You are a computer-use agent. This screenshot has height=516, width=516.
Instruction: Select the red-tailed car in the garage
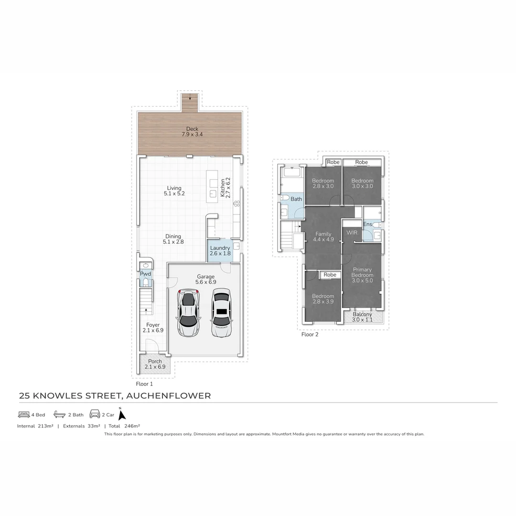[x=188, y=313]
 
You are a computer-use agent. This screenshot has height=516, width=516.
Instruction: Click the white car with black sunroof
[x=221, y=313]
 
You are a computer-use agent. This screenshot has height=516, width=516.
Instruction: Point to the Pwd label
[x=145, y=274]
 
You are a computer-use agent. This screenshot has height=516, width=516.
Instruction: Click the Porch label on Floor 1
[x=155, y=361]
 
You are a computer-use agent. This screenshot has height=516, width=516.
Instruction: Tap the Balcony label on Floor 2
[x=362, y=314]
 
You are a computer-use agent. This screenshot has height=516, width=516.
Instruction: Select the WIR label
[x=352, y=233]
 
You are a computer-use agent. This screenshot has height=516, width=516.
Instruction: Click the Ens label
[x=367, y=224]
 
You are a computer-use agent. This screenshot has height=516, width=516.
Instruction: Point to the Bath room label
[x=296, y=199]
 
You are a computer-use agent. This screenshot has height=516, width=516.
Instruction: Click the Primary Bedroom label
[x=362, y=272]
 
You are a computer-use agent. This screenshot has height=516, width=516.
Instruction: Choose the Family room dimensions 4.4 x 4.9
[x=323, y=240]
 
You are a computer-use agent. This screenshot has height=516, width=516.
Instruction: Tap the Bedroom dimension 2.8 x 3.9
[x=323, y=302]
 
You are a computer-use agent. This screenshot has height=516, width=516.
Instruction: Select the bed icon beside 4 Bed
[x=24, y=414]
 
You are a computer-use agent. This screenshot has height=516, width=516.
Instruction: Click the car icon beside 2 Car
[x=95, y=414]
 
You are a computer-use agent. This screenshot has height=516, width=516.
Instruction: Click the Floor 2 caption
[x=310, y=334]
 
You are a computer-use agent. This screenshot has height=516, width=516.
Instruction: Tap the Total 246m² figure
[x=124, y=426]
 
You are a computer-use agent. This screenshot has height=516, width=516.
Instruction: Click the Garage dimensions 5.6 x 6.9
[x=205, y=282]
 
